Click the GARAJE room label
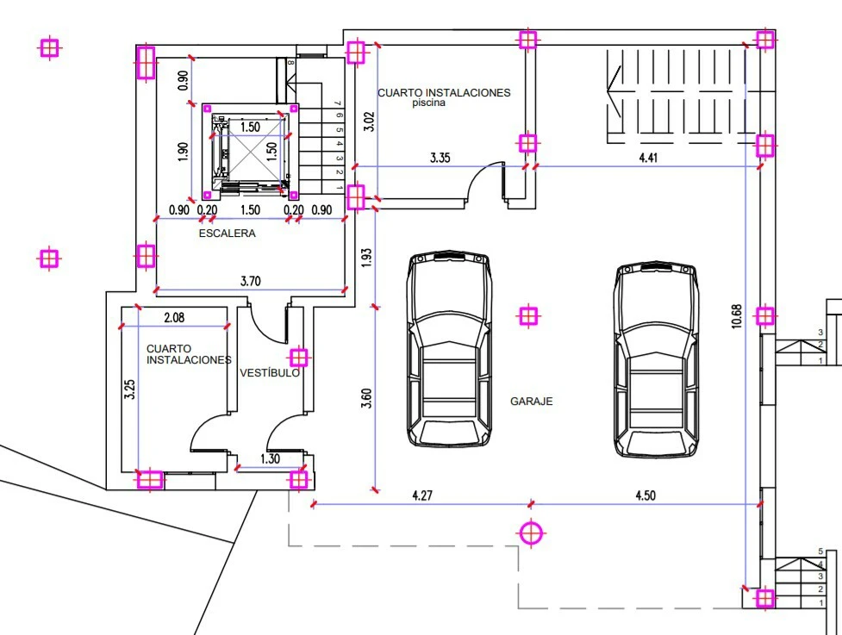click(x=531, y=401)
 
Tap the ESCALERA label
click(x=228, y=233)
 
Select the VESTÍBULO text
click(x=270, y=372)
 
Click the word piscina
click(x=428, y=103)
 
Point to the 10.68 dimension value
click(x=736, y=316)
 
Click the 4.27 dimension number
click(x=422, y=495)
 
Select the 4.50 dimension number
click(x=646, y=495)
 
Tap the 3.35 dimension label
click(x=440, y=158)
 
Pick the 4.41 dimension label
click(x=648, y=158)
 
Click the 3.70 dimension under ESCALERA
click(x=250, y=281)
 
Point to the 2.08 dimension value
click(x=174, y=318)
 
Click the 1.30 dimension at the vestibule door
click(x=270, y=459)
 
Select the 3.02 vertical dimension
click(x=369, y=121)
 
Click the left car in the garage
click(x=449, y=348)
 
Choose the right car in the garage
click(x=656, y=359)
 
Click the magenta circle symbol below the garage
click(x=531, y=533)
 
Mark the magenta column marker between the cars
click(x=528, y=316)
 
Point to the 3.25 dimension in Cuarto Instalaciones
click(x=129, y=389)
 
